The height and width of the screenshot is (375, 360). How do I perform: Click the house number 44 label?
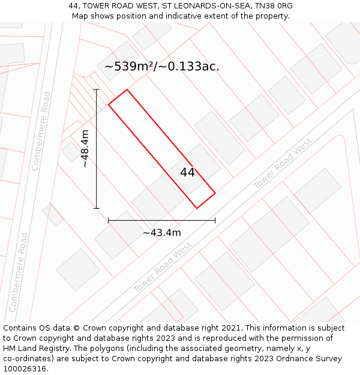187,172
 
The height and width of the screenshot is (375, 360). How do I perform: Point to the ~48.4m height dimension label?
85,149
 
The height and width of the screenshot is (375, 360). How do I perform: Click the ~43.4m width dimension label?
161,233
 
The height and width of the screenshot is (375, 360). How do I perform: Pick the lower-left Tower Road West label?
163,268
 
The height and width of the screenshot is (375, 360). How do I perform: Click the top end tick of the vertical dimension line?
96,89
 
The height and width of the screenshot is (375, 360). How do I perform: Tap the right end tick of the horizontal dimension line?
215,221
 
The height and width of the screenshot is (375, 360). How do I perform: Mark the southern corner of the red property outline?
197,208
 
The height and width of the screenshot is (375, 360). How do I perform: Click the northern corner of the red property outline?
127,90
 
